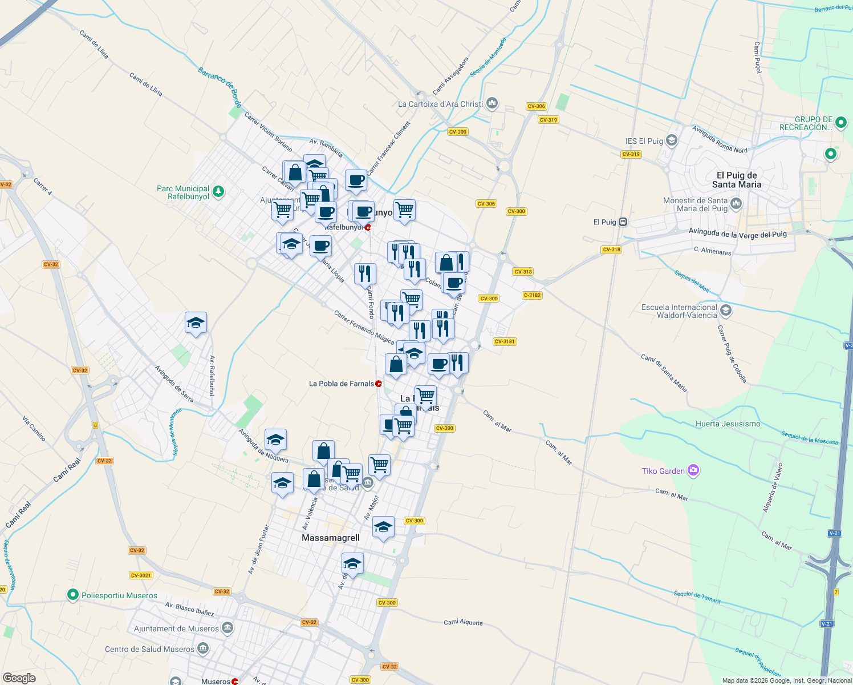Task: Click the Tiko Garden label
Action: click(x=663, y=471)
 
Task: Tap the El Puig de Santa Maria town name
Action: click(x=737, y=180)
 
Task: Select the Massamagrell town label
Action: click(x=331, y=538)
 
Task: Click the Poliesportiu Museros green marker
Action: click(x=72, y=595)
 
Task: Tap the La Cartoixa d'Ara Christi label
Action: click(x=440, y=104)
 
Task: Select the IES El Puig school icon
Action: click(x=672, y=140)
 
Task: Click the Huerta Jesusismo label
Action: click(x=728, y=424)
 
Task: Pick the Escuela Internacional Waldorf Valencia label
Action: click(x=679, y=311)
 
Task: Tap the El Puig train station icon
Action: click(x=623, y=222)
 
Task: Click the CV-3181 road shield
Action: click(x=505, y=341)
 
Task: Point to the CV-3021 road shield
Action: click(x=141, y=575)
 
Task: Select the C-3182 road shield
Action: click(x=532, y=295)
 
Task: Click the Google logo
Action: click(x=19, y=678)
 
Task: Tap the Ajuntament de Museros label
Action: click(x=176, y=628)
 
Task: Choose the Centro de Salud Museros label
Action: click(x=149, y=649)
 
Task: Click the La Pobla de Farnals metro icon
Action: click(x=379, y=384)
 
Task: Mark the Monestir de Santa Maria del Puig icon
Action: click(x=736, y=203)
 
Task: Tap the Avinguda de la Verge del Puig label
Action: click(x=737, y=233)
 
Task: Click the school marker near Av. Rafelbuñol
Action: click(x=196, y=324)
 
